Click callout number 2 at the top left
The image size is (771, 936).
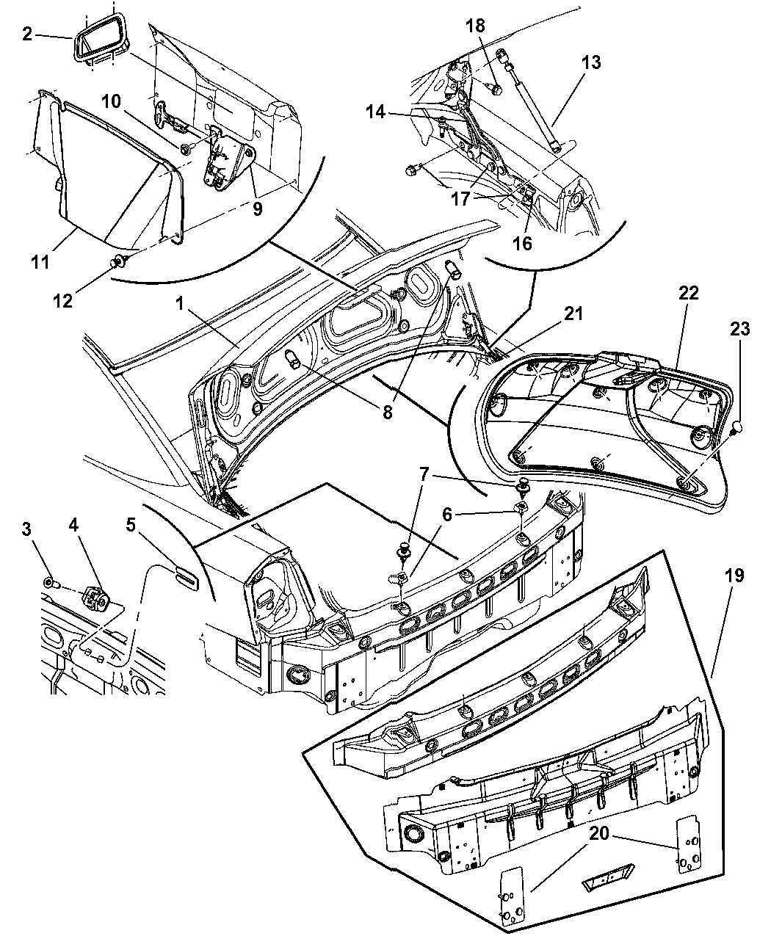(x=27, y=34)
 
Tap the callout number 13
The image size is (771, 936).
(x=591, y=63)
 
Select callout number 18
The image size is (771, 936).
(x=475, y=26)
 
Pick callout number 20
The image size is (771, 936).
(x=598, y=832)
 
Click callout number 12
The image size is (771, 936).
(x=64, y=300)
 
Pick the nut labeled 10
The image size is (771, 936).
(x=185, y=149)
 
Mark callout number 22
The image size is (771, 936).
(x=689, y=293)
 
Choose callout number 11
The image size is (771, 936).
(x=40, y=261)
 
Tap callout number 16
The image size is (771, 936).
(x=522, y=243)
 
